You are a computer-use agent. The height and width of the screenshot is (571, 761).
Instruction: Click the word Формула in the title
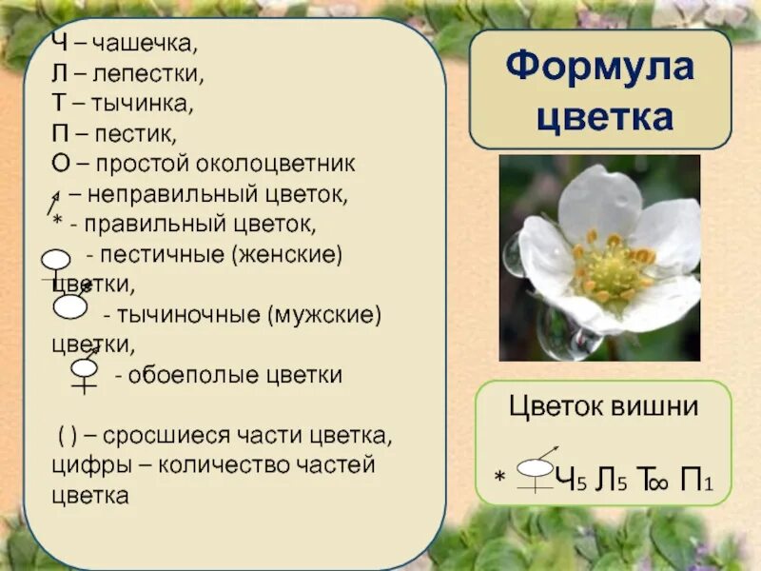[x=600, y=69]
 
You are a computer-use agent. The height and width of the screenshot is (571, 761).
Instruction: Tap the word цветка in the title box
[x=604, y=117]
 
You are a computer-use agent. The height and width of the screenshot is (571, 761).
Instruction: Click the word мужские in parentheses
[x=324, y=314]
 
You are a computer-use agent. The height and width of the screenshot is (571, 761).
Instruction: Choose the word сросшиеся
[x=161, y=437]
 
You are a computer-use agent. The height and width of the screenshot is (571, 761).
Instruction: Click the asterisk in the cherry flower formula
[x=498, y=473]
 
